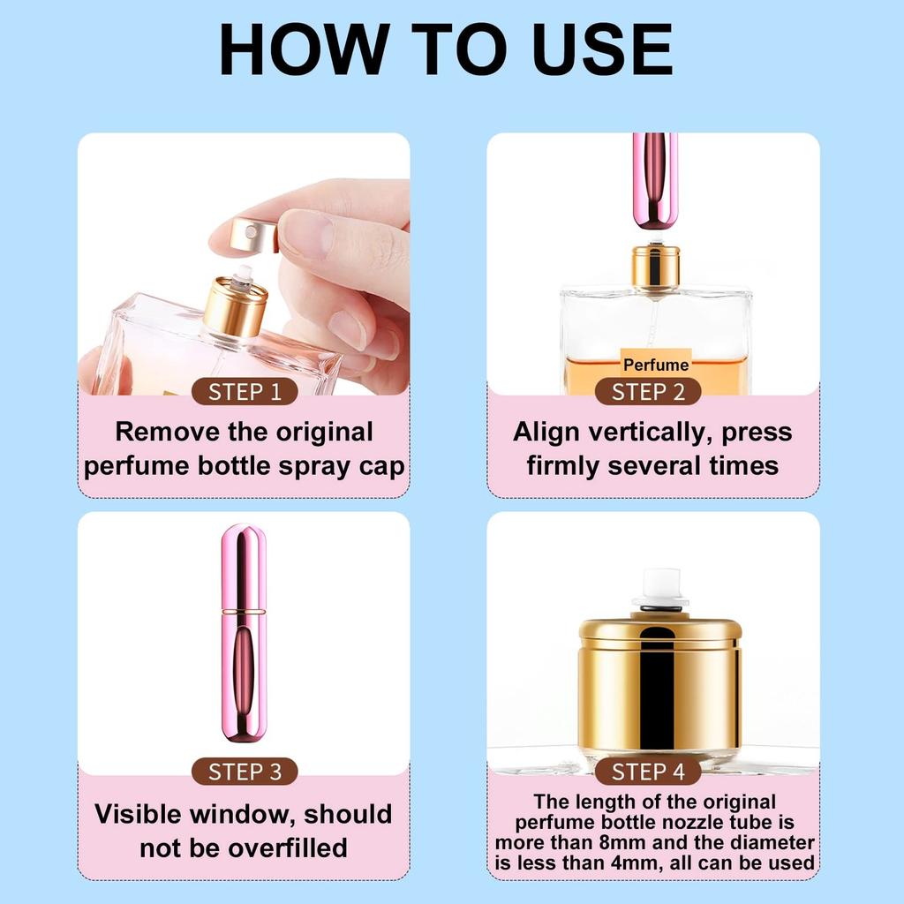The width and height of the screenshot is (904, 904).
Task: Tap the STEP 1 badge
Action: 245,392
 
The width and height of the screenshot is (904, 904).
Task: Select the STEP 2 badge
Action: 648,392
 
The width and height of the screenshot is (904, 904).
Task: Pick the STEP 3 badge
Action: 245,772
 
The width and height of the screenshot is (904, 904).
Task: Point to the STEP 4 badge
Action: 648,772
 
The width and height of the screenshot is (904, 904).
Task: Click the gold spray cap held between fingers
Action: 251,235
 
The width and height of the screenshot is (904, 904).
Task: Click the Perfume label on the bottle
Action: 656,364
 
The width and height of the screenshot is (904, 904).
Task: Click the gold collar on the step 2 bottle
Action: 655,267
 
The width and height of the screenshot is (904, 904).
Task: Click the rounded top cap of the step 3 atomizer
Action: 243,565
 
